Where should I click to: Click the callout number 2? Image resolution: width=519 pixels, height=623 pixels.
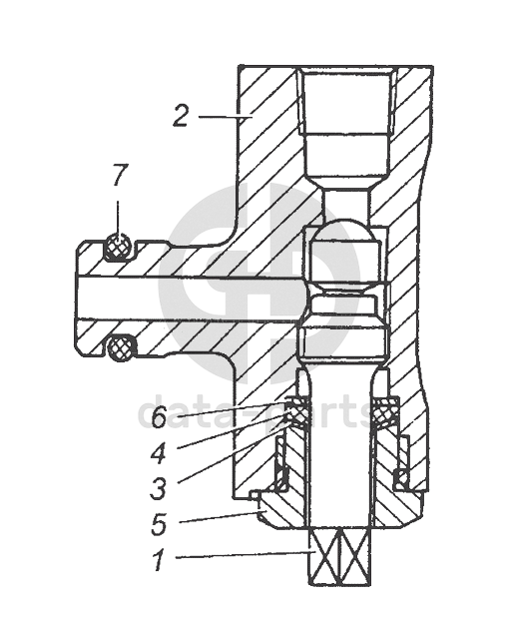[x=181, y=116]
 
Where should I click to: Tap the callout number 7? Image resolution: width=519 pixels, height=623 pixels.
[x=119, y=176]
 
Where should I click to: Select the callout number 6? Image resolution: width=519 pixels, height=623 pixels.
[x=160, y=417]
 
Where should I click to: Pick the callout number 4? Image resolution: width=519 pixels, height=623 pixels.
[x=159, y=453]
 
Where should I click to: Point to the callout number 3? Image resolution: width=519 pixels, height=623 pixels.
[x=158, y=488]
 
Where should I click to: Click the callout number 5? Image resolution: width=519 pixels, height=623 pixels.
[x=159, y=524]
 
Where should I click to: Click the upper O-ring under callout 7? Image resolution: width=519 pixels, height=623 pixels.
[x=119, y=247]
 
